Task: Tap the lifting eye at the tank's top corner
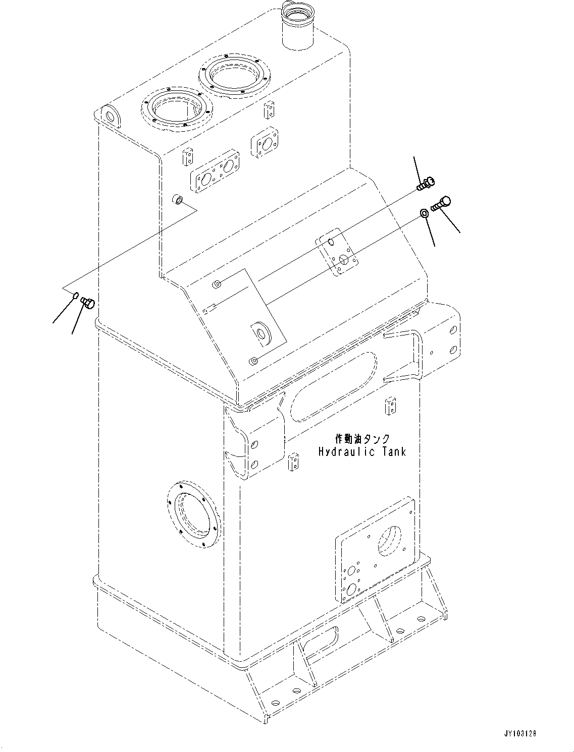pos(109,115)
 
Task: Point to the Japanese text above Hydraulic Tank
pos(362,439)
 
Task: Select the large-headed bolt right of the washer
pos(441,203)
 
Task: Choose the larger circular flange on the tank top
pos(236,75)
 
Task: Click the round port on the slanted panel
pos(262,333)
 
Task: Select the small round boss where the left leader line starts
pos(177,199)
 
